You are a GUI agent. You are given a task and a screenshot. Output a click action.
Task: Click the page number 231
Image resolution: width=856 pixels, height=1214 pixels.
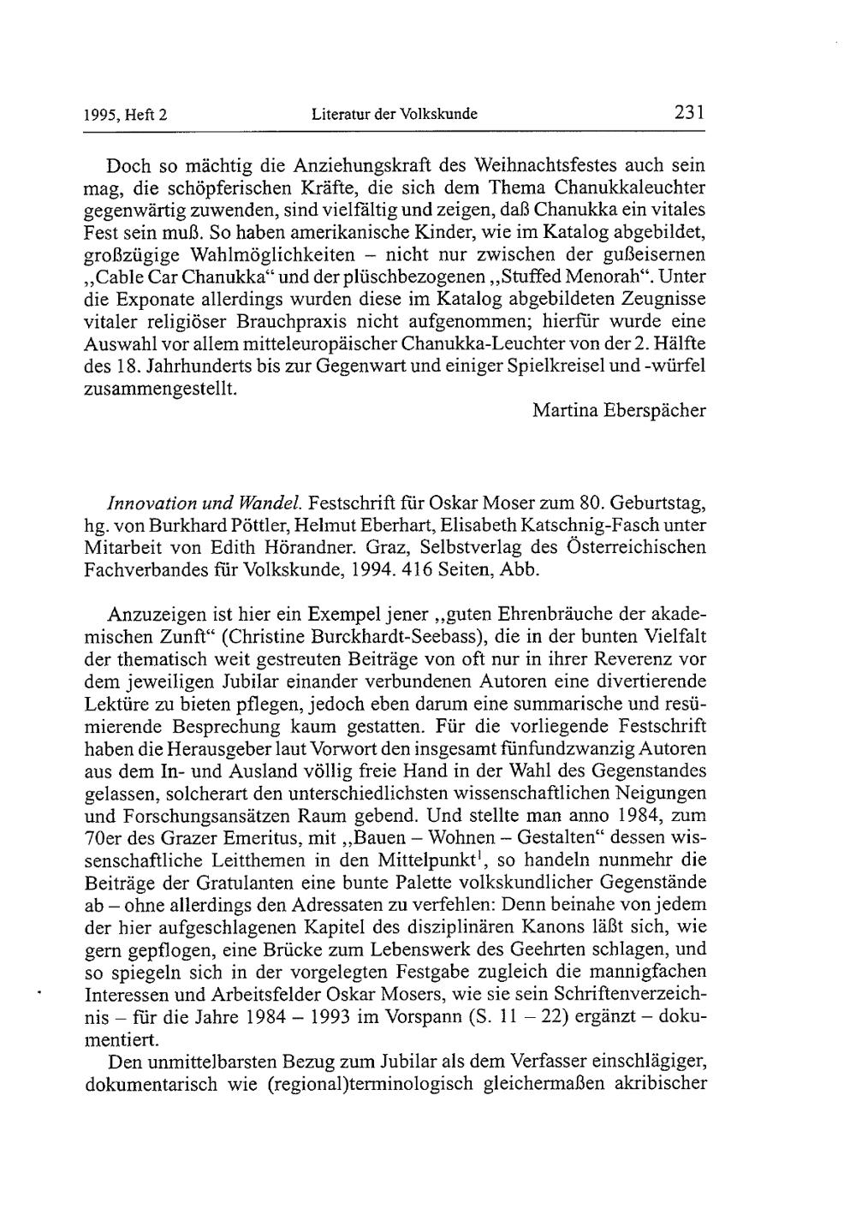[689, 112]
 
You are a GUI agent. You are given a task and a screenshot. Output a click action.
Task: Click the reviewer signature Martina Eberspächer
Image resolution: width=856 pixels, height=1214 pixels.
[619, 410]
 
